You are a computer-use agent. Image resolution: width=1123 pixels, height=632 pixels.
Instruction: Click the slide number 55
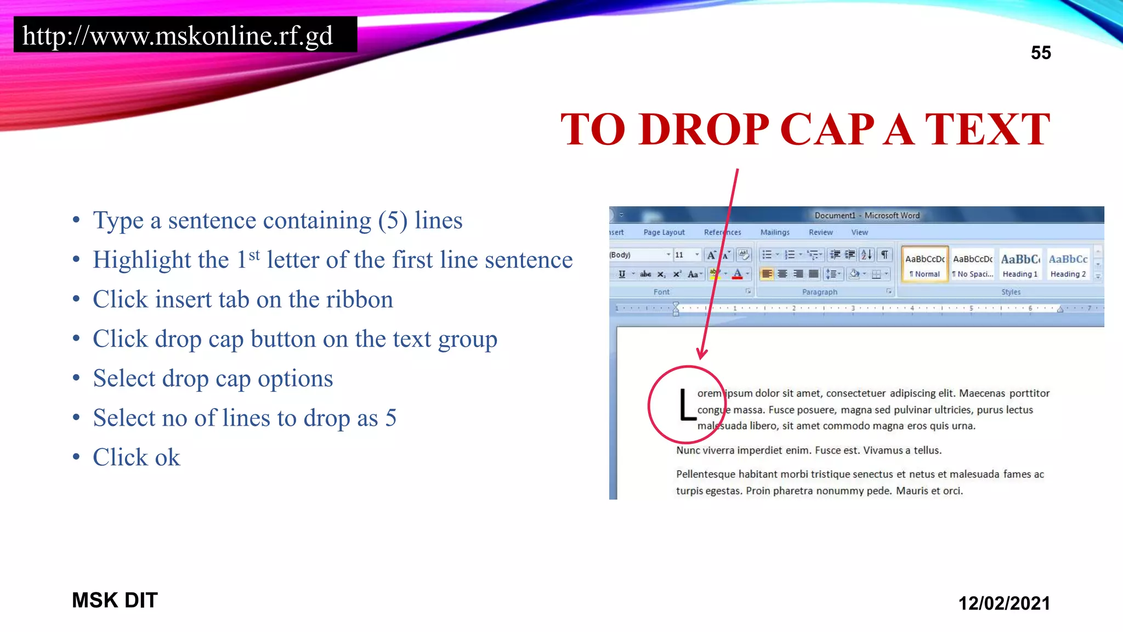(1040, 53)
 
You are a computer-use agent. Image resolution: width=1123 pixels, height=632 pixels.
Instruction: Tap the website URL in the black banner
(177, 36)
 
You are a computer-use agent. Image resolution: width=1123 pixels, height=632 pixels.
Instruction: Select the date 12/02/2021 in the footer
(1003, 603)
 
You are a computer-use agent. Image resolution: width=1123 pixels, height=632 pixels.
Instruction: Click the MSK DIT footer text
(115, 600)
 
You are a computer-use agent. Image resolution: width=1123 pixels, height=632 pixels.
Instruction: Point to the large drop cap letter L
(686, 405)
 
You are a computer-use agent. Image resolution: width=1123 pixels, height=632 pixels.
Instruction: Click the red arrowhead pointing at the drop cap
(702, 353)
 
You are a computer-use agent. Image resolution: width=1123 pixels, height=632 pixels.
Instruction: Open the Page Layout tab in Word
(663, 233)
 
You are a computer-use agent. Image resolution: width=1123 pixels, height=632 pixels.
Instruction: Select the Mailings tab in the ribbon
(774, 233)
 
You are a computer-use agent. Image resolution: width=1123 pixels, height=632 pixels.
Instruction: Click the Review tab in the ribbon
(820, 233)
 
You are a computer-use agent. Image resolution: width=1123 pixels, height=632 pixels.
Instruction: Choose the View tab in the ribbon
(859, 233)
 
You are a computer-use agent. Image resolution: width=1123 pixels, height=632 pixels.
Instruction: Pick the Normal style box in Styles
(925, 265)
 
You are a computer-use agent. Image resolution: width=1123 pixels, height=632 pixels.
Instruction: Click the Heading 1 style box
(1020, 265)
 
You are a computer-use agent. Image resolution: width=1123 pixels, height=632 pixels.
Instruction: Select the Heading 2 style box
(1068, 265)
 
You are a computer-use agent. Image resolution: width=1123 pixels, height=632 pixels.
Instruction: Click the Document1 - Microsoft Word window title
(866, 216)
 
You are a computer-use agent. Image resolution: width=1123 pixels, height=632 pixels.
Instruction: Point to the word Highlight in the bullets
(161, 260)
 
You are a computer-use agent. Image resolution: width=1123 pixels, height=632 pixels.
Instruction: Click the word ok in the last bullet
(167, 458)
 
